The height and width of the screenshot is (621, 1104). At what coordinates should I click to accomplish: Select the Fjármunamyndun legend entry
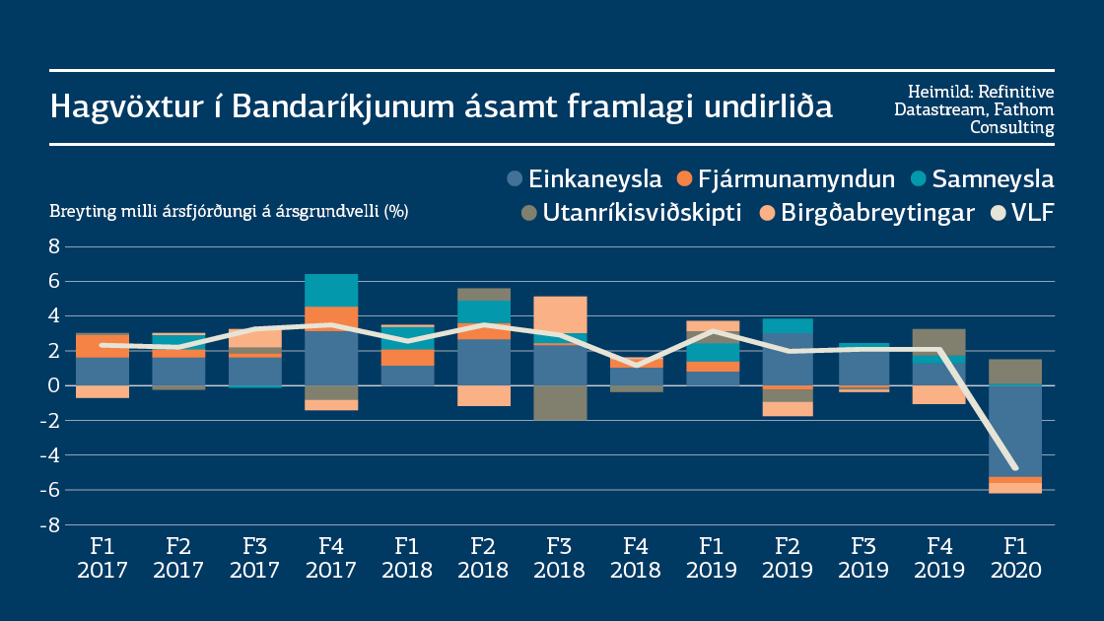click(786, 179)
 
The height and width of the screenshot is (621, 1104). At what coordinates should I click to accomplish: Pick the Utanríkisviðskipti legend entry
click(631, 213)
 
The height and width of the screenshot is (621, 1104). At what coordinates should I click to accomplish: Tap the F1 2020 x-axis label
click(1014, 557)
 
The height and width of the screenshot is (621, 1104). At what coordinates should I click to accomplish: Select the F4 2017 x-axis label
click(330, 557)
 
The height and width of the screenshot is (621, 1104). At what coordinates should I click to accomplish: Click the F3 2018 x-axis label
click(559, 557)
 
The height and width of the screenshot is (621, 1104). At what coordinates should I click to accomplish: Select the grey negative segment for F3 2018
click(559, 403)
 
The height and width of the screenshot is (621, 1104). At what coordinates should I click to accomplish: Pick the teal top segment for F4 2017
click(330, 291)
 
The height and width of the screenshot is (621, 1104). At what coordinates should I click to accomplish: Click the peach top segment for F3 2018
click(559, 314)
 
